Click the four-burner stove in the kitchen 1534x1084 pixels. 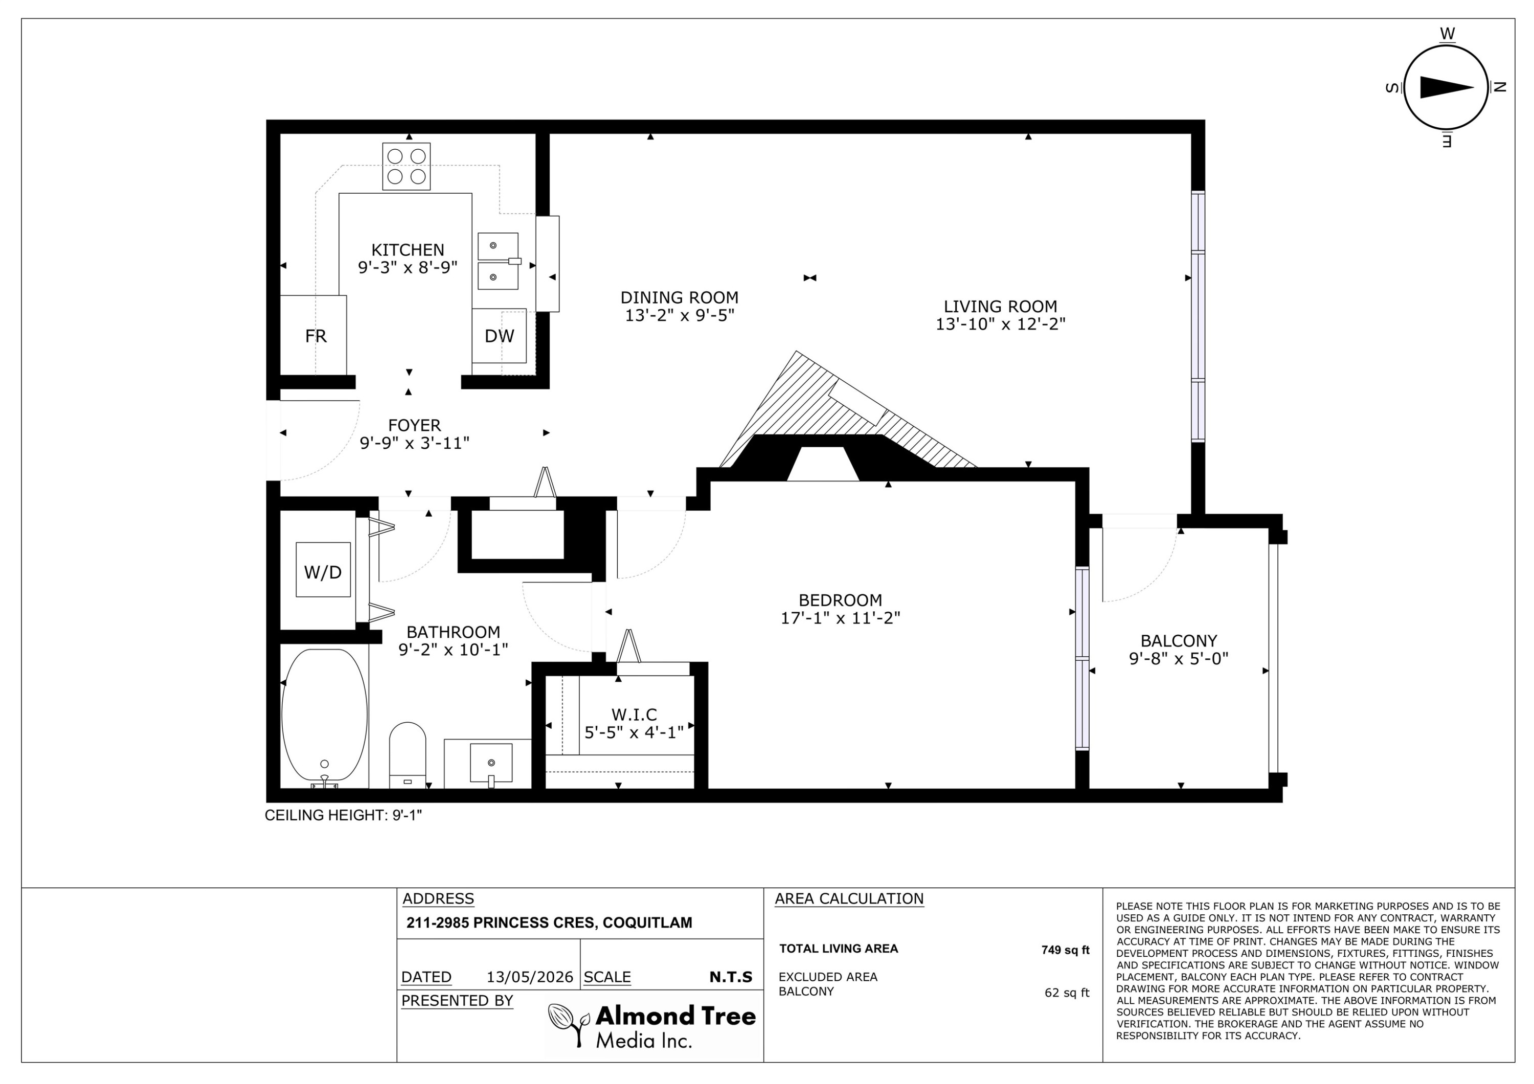pyautogui.click(x=406, y=166)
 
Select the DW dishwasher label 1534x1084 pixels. pyautogui.click(x=500, y=336)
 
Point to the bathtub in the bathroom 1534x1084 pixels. pyautogui.click(x=325, y=716)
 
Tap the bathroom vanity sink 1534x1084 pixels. pyautogui.click(x=491, y=763)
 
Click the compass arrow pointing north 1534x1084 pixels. pyautogui.click(x=1447, y=87)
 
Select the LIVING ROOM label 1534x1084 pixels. pyautogui.click(x=1000, y=307)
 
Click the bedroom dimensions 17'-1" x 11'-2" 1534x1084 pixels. pyautogui.click(x=841, y=618)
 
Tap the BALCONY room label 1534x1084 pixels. pyautogui.click(x=1179, y=640)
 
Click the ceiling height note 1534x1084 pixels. pyautogui.click(x=344, y=816)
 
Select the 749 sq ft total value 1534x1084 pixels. pyautogui.click(x=1065, y=950)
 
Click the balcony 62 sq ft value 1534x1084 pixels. pyautogui.click(x=1067, y=993)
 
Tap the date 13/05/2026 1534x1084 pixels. pyautogui.click(x=530, y=977)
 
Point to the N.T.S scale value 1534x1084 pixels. pyautogui.click(x=731, y=977)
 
